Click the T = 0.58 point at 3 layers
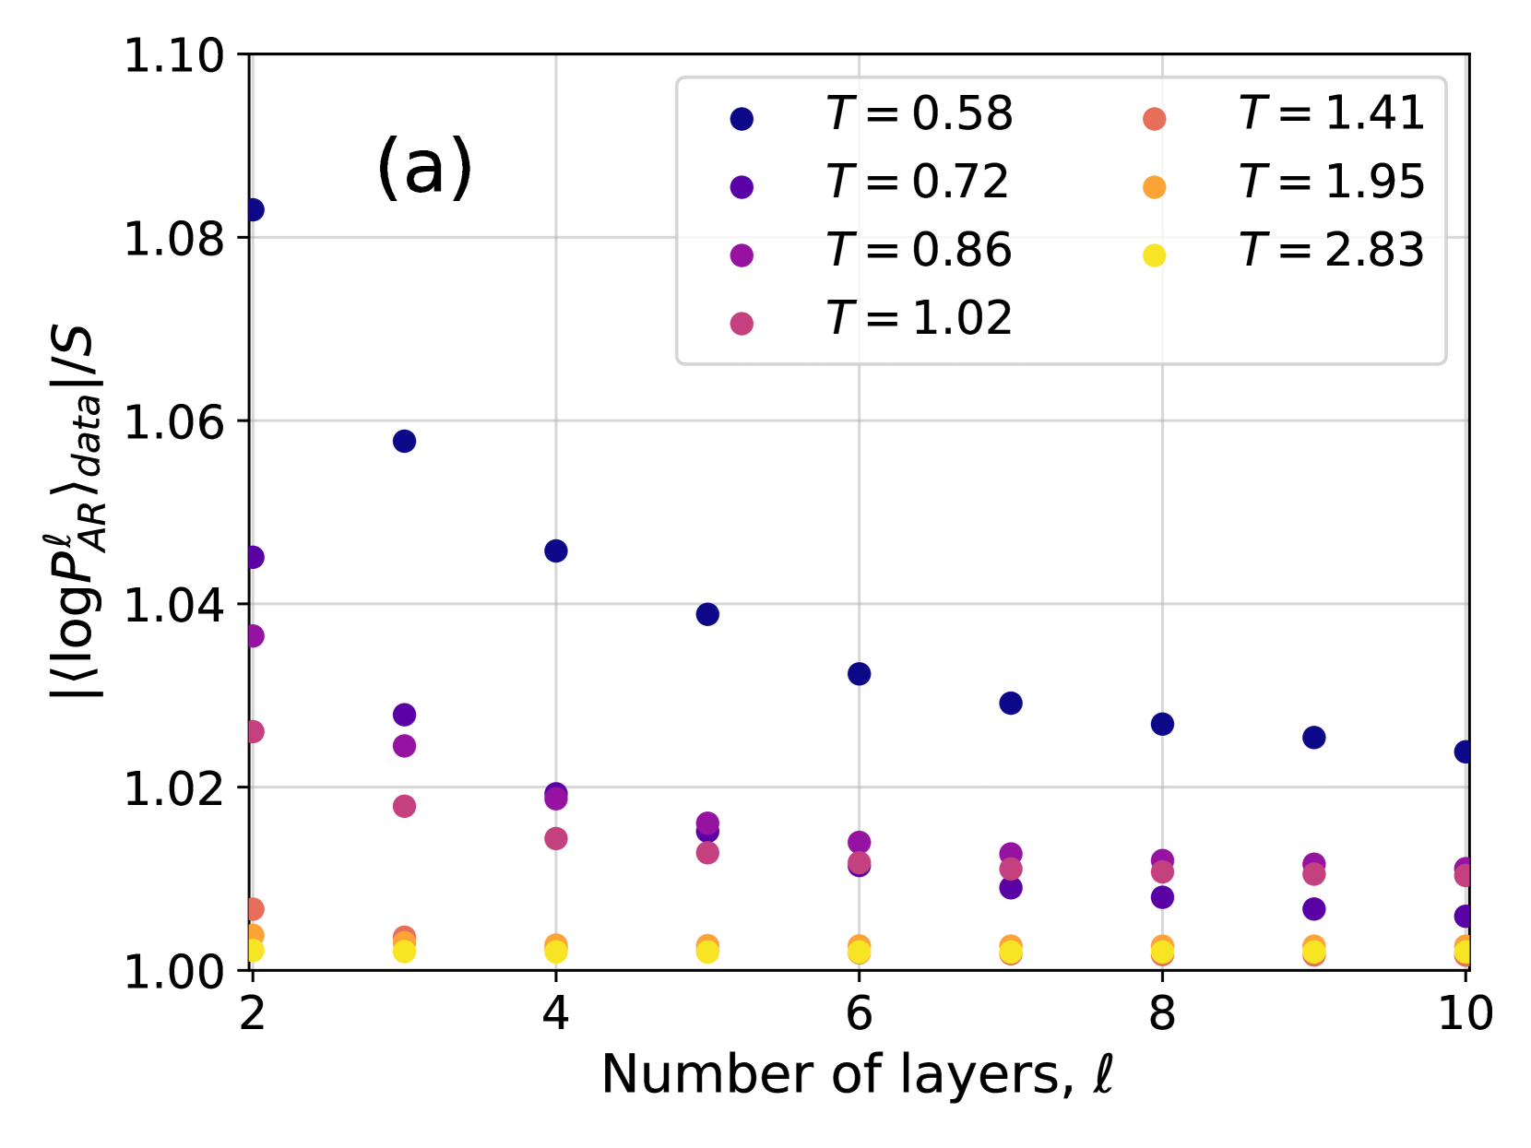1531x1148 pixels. (x=404, y=441)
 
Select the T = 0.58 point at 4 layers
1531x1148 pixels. (x=555, y=550)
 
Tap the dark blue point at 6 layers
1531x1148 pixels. (x=859, y=673)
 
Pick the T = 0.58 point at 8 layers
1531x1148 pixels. (x=1162, y=724)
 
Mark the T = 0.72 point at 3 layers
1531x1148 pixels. (x=404, y=715)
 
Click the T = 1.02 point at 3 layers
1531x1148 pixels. (x=404, y=806)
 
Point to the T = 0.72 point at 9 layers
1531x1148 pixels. (x=1313, y=908)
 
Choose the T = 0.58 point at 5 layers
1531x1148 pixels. (x=707, y=614)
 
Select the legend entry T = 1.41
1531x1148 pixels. (x=1332, y=114)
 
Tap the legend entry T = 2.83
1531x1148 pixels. (x=1332, y=251)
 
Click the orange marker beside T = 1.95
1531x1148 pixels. (x=1154, y=187)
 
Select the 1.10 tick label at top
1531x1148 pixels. (x=174, y=56)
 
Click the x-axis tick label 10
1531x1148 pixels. (x=1465, y=1013)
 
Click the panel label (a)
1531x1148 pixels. (x=424, y=167)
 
